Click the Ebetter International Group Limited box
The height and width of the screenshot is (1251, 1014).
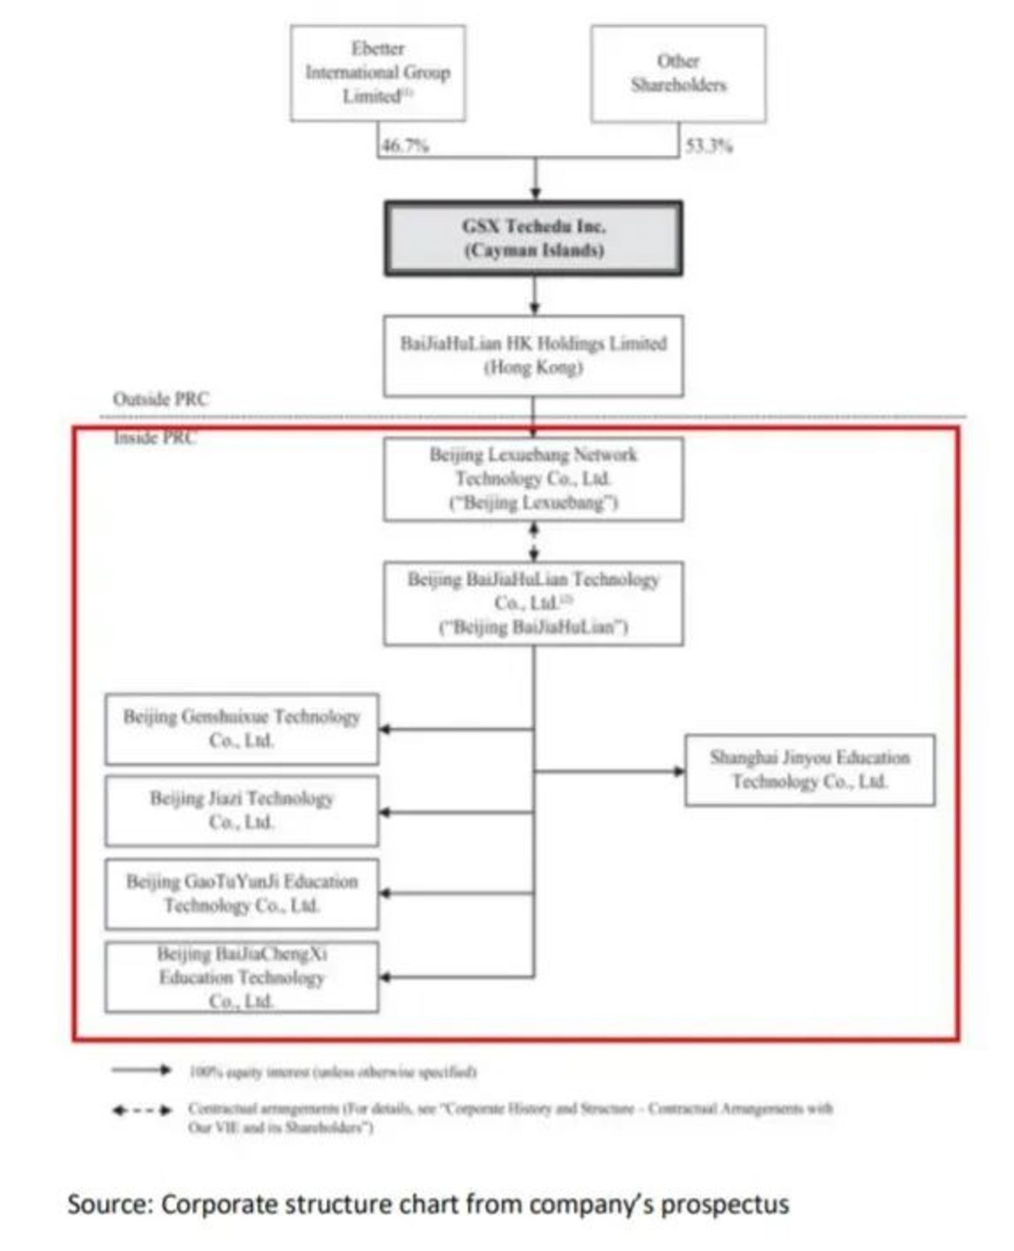[x=378, y=73]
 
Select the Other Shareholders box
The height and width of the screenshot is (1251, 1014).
[x=678, y=73]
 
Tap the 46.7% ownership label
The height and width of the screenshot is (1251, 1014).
[x=405, y=146]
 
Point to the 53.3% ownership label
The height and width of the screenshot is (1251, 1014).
[x=709, y=146]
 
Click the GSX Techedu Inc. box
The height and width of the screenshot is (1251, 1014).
[x=533, y=238]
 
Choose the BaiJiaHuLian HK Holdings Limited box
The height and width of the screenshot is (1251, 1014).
[x=533, y=355]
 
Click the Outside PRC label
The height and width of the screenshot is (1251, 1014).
[x=160, y=399]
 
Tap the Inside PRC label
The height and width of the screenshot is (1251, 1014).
[x=154, y=438]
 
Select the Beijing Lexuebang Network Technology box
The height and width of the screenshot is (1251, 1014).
[x=533, y=478]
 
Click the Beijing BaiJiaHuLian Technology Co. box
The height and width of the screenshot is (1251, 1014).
[x=533, y=603]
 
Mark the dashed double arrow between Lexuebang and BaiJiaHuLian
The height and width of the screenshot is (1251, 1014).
[x=534, y=541]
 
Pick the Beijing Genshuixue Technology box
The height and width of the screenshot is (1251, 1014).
[x=241, y=728]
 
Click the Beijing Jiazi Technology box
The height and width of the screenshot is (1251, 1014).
[x=241, y=810]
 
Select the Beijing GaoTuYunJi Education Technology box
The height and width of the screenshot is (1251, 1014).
[x=241, y=894]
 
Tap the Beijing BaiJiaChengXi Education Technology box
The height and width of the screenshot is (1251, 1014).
[x=241, y=977]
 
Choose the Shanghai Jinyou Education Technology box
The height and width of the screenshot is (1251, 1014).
[x=810, y=770]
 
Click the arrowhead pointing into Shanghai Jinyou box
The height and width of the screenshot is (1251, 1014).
[x=679, y=771]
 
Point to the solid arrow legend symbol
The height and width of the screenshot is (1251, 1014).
[x=141, y=1070]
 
